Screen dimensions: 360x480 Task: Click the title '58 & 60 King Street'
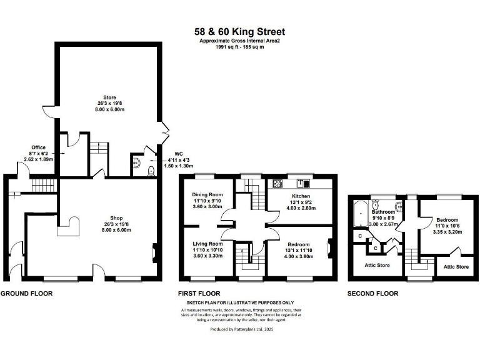point(240,31)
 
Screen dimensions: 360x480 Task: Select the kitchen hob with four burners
point(277,183)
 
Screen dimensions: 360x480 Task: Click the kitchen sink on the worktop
point(303,183)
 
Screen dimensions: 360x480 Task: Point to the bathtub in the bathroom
point(361,213)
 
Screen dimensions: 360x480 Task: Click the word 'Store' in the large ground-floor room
point(110,97)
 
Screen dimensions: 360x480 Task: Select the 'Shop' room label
point(110,218)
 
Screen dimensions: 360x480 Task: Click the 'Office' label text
point(39,147)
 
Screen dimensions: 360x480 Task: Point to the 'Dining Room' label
point(207,195)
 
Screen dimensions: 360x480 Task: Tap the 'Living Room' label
point(207,244)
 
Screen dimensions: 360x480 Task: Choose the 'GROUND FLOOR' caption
point(26,292)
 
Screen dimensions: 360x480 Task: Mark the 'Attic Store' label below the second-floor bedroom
point(456,267)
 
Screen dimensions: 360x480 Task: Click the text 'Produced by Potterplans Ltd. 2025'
point(240,328)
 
